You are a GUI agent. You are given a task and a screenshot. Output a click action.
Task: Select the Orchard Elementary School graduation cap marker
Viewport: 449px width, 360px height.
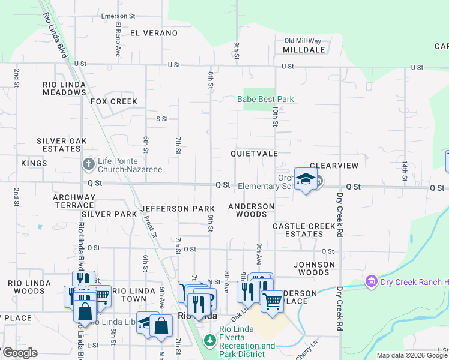coord(306,179)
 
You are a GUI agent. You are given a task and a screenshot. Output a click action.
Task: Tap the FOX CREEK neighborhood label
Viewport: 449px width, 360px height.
coord(114,102)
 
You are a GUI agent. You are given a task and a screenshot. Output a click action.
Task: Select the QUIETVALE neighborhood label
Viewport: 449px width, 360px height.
coord(254,154)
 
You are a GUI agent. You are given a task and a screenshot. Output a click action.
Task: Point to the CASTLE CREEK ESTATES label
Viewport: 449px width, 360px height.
coord(304,230)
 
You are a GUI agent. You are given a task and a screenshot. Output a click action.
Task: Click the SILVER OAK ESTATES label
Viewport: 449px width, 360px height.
coord(62,145)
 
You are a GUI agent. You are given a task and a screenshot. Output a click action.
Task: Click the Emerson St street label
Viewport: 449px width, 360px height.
coord(122,16)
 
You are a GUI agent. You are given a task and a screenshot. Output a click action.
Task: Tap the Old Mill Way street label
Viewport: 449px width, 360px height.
coord(303,40)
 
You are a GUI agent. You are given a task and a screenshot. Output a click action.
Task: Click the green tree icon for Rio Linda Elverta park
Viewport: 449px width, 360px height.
coord(209,341)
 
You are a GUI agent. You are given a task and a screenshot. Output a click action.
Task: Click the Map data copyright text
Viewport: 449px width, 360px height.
coord(412,356)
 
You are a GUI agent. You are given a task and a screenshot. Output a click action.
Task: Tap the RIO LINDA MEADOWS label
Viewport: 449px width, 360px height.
coord(64,89)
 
